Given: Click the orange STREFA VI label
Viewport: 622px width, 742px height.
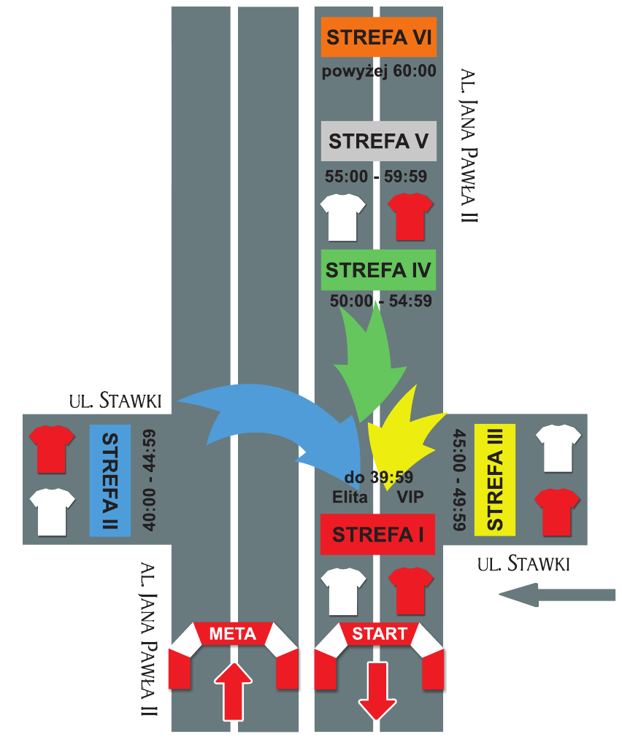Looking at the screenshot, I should (378, 37).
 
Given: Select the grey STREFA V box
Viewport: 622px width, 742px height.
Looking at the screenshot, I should (378, 141).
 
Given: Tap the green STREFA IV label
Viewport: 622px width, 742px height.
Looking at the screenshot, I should (378, 270).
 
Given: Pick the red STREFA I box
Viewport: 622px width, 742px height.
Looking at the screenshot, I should (378, 534).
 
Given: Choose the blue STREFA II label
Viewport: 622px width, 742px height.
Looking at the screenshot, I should (110, 479).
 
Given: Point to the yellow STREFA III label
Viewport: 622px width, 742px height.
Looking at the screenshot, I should (495, 479).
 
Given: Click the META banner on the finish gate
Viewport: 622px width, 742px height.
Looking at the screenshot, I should (233, 634).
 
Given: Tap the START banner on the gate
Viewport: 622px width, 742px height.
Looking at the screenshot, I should (378, 634).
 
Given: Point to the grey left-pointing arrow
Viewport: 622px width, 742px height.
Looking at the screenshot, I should (556, 595).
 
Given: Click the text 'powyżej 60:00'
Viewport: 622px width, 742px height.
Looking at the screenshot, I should (379, 72).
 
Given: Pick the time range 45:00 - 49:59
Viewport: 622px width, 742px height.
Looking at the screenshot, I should (458, 479).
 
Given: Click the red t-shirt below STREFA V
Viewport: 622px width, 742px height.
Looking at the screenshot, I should (410, 216).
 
